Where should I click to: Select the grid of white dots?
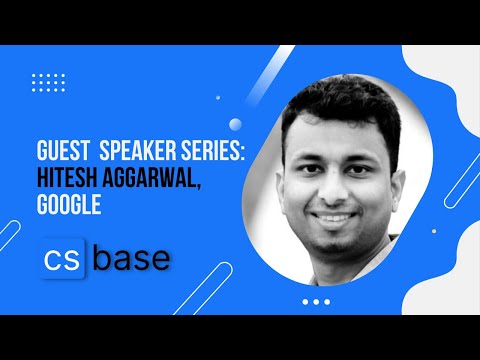click(x=48, y=82)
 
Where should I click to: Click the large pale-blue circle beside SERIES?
click(x=236, y=125)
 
